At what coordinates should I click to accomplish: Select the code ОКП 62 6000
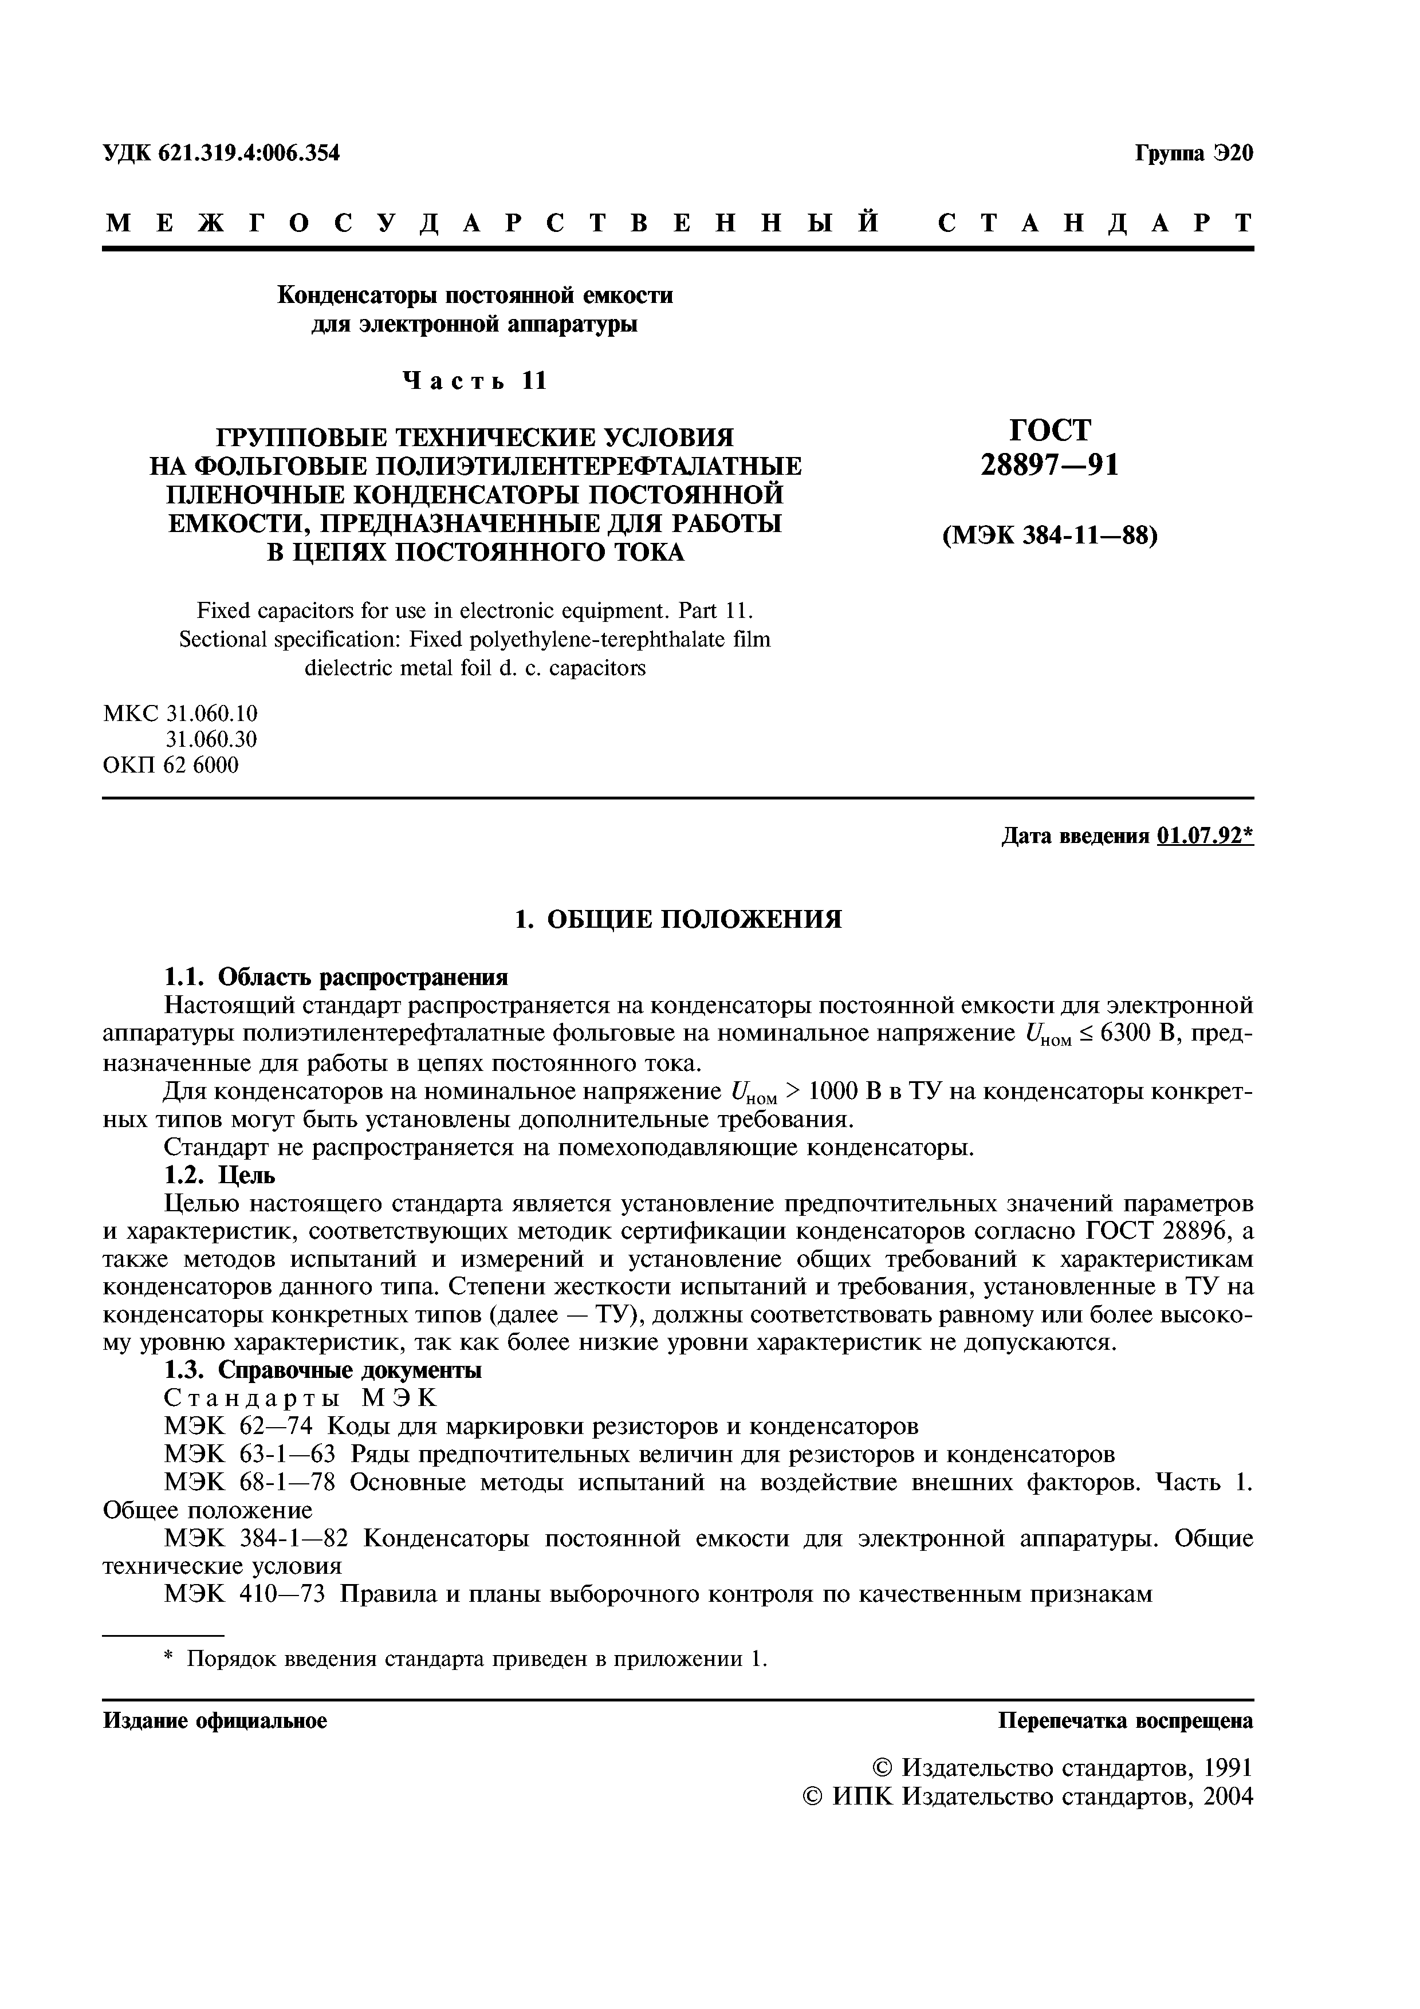tap(171, 766)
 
